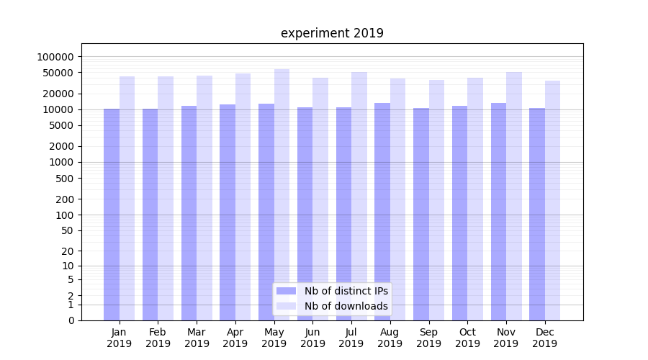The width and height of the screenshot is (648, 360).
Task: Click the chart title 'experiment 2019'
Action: tap(332, 33)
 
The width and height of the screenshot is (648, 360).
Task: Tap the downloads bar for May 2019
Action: tap(282, 194)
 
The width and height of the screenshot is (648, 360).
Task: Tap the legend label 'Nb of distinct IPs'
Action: tap(346, 291)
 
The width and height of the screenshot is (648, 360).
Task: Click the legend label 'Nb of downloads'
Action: tap(346, 306)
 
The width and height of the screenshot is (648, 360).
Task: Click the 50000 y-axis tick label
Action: tap(58, 73)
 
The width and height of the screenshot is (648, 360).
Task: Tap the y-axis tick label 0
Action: tap(71, 320)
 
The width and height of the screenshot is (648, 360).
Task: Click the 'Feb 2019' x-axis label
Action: tap(158, 338)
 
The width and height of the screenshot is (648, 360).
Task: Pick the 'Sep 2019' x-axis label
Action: tap(428, 338)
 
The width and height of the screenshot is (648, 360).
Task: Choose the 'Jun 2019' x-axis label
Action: tap(312, 338)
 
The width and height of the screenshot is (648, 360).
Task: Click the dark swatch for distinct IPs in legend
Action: tap(286, 291)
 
